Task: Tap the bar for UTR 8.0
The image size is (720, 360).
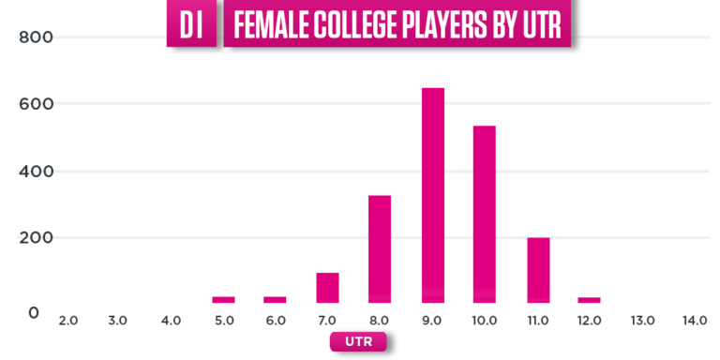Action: (x=380, y=248)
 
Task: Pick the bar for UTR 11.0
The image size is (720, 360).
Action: (x=537, y=270)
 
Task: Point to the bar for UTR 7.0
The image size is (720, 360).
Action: (x=327, y=288)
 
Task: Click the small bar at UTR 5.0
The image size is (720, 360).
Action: (x=223, y=299)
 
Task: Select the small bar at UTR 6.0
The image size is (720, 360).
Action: (x=275, y=299)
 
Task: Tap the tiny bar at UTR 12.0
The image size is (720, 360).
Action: (x=589, y=299)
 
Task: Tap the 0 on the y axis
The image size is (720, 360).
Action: (x=34, y=312)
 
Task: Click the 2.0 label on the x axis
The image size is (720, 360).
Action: (x=67, y=322)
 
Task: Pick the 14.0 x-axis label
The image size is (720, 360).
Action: (x=695, y=322)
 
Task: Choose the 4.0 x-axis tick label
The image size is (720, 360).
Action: (x=171, y=322)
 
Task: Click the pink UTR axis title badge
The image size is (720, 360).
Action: (x=357, y=342)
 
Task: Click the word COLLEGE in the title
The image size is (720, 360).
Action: (x=350, y=26)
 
